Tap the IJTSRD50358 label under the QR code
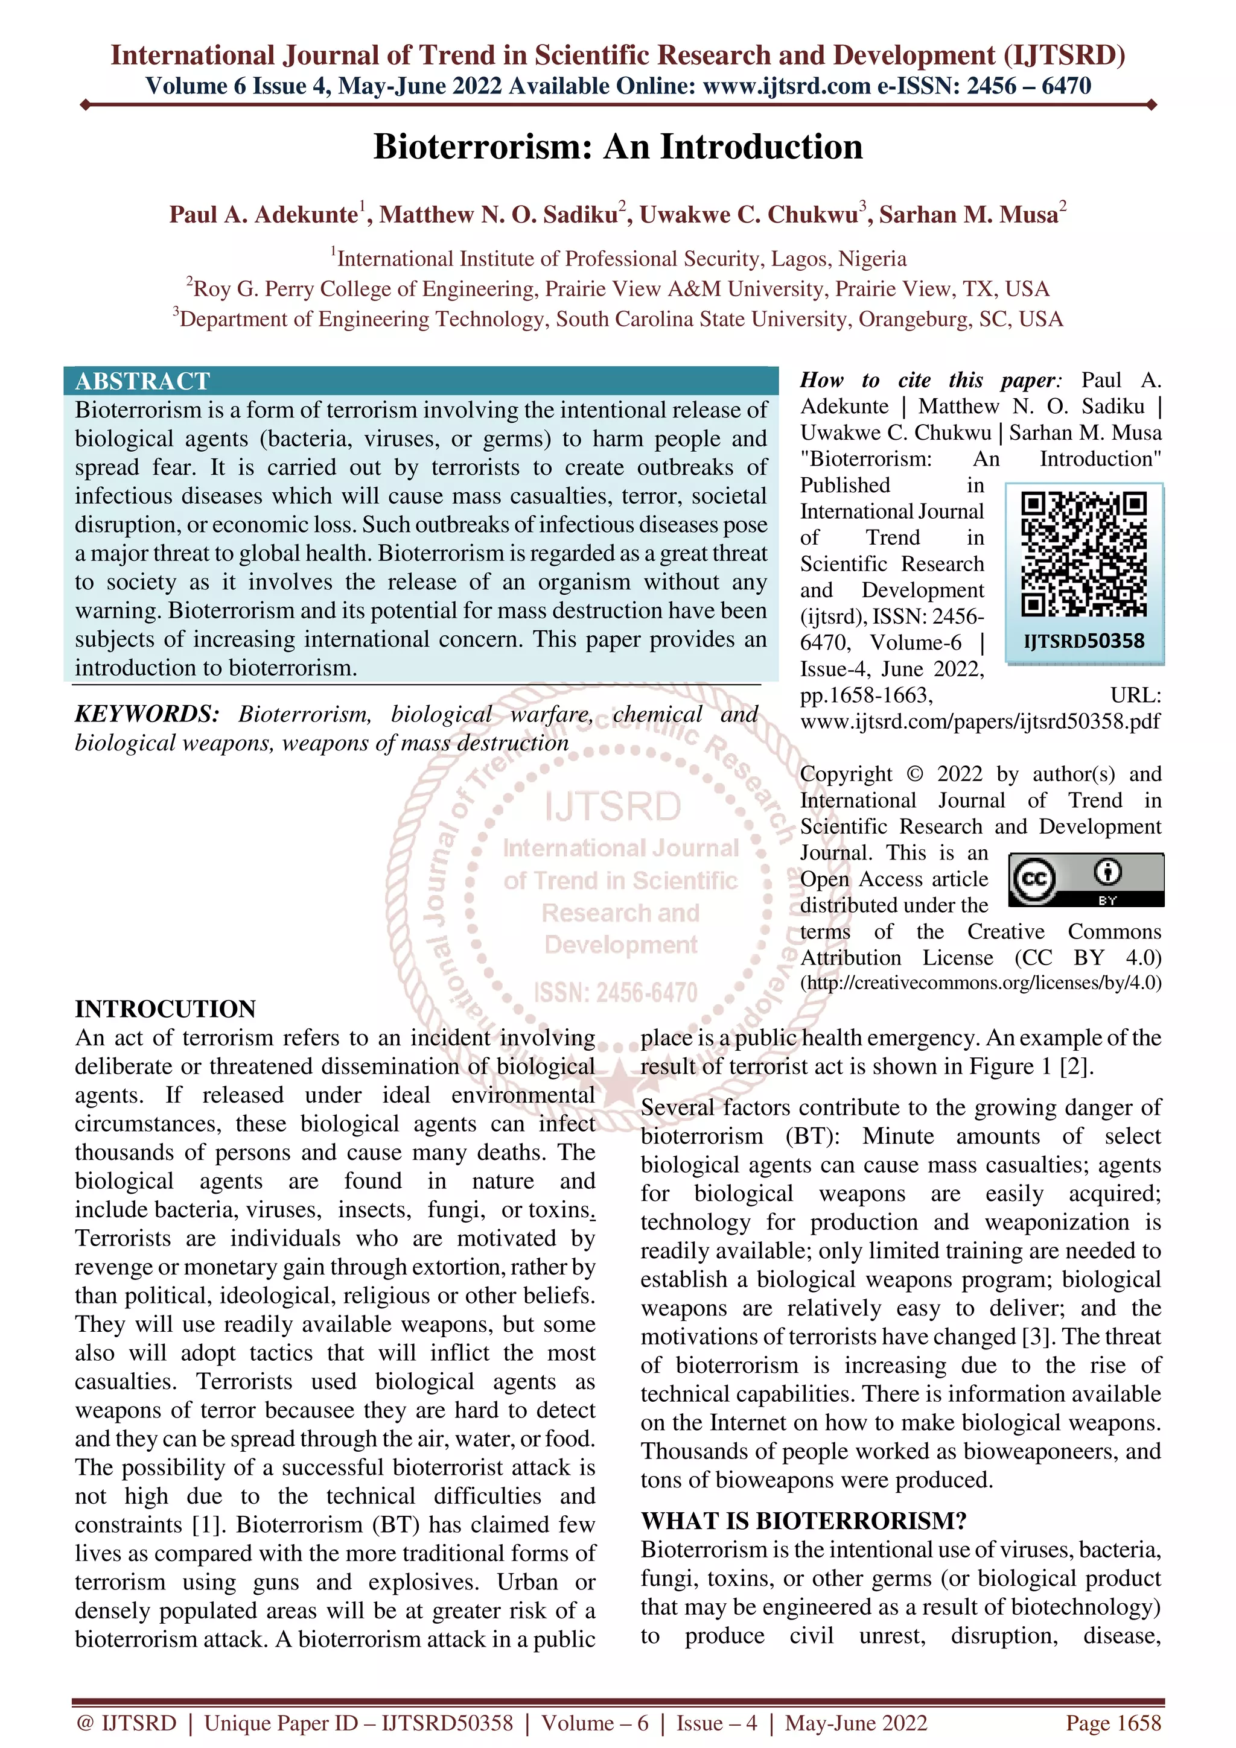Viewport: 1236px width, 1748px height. (1084, 641)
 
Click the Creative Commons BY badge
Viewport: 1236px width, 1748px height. (1086, 879)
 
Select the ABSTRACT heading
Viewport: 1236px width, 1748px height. (142, 381)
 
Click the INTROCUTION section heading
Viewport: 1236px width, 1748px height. (165, 1009)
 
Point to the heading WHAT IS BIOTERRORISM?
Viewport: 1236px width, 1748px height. (803, 1521)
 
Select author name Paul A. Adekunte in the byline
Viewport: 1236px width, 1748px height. (264, 215)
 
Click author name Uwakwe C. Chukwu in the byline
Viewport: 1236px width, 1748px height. (748, 215)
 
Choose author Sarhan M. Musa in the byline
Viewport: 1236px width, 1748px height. (968, 215)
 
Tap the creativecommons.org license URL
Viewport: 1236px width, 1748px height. (980, 983)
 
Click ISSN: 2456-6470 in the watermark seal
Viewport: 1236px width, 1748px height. (616, 993)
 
